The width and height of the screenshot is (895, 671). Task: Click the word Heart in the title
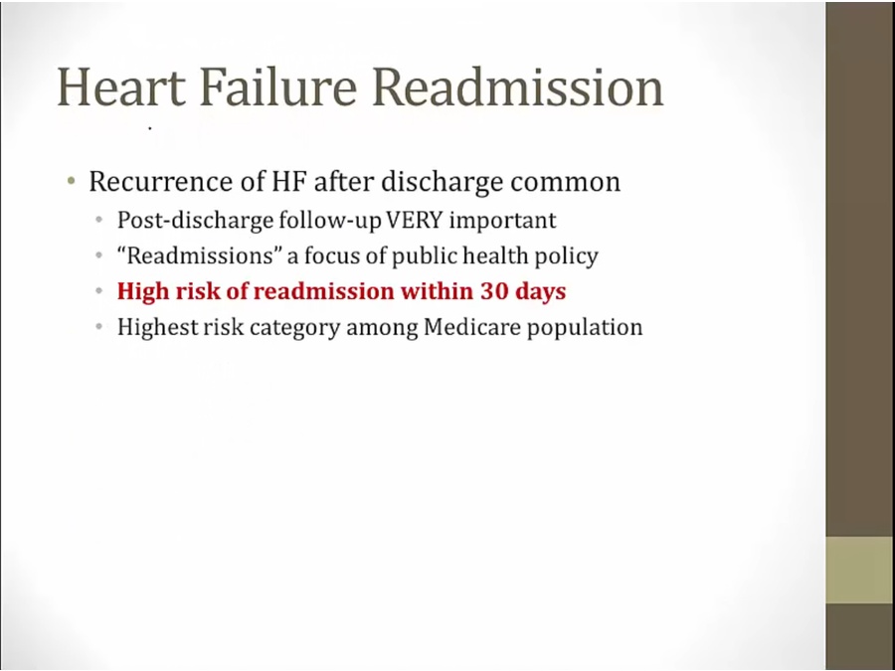(x=121, y=87)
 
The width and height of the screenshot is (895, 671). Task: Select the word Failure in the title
(x=279, y=87)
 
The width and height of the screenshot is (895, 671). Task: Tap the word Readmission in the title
(x=518, y=87)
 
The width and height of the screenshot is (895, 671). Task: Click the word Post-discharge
(x=195, y=221)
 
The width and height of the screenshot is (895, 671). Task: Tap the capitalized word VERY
(x=415, y=220)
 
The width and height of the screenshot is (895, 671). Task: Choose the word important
(x=503, y=221)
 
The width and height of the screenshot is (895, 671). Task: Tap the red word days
(x=541, y=292)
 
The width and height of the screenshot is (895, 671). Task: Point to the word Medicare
(x=472, y=327)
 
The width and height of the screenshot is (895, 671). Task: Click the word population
(x=585, y=328)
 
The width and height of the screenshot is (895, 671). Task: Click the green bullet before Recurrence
(x=71, y=182)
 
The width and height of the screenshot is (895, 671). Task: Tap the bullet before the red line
(x=99, y=291)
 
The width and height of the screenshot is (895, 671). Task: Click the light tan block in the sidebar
(x=859, y=570)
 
